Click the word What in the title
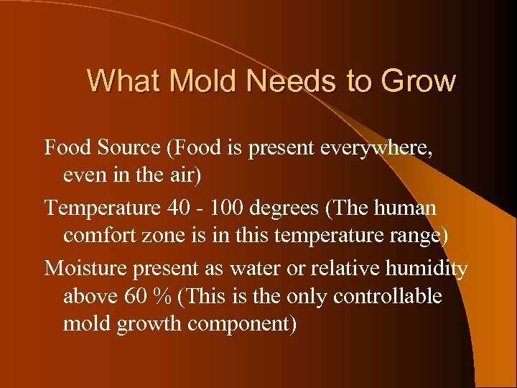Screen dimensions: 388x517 point(121,80)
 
